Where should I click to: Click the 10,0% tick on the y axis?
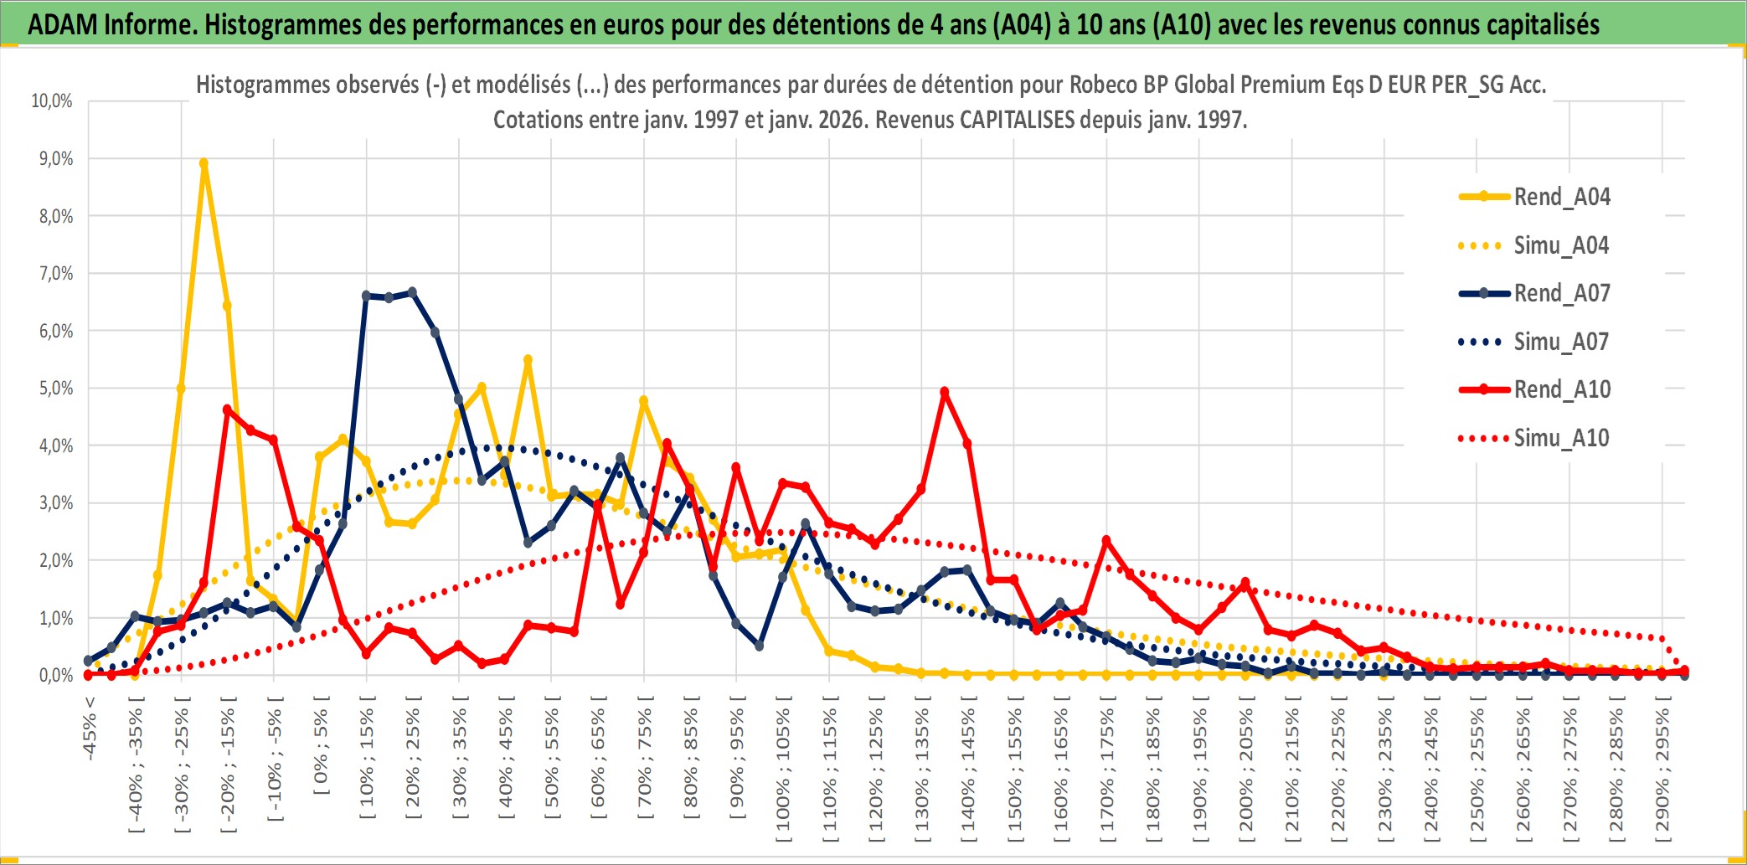pos(52,101)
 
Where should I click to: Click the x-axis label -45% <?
pos(90,729)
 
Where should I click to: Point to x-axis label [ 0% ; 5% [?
pos(322,744)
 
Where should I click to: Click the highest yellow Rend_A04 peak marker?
pos(204,163)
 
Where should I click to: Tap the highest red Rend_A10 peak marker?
pos(945,392)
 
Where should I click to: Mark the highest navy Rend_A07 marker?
pos(412,292)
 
